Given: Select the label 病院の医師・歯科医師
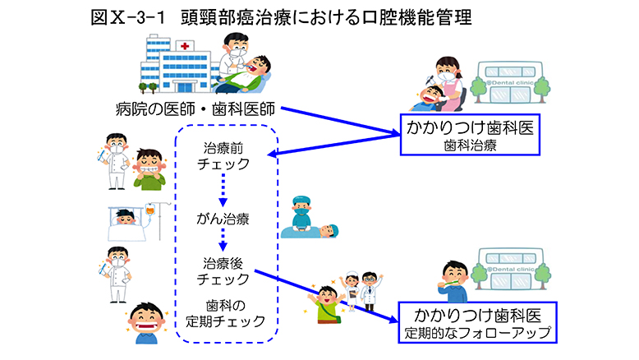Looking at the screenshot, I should (x=195, y=108).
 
